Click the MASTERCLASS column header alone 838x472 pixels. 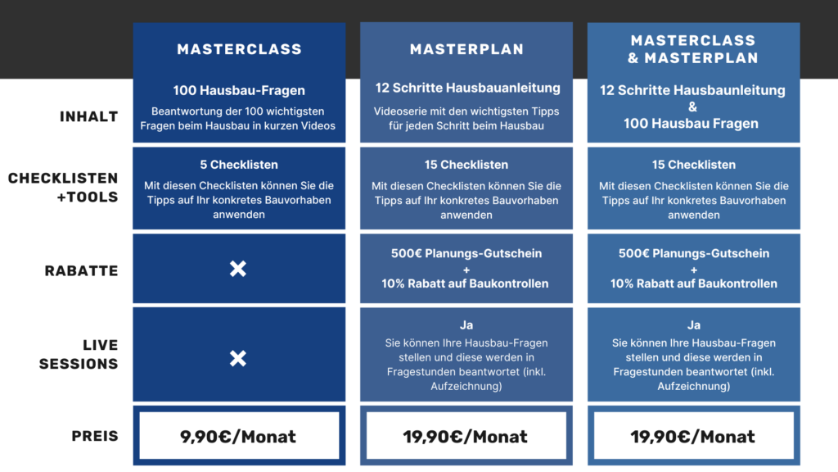240,49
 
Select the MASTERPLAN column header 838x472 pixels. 466,49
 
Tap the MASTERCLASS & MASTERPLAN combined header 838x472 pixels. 693,49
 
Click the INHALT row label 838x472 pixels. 88,116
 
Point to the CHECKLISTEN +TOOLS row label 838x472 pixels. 63,188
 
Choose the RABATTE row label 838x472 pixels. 81,270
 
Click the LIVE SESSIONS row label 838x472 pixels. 79,354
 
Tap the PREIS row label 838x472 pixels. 95,436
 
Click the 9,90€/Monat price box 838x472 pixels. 239,436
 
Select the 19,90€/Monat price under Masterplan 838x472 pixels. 466,436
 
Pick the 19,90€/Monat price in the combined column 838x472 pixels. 694,436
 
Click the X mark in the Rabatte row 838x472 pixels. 238,269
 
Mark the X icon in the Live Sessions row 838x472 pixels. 238,358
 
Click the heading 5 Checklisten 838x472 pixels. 239,165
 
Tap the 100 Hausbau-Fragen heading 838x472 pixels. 239,90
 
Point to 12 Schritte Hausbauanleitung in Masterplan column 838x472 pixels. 467,88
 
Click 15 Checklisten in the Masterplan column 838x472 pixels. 466,165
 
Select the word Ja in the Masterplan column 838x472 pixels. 466,324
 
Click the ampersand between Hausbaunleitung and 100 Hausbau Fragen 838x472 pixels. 692,107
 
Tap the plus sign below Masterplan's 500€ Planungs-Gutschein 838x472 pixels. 466,270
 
